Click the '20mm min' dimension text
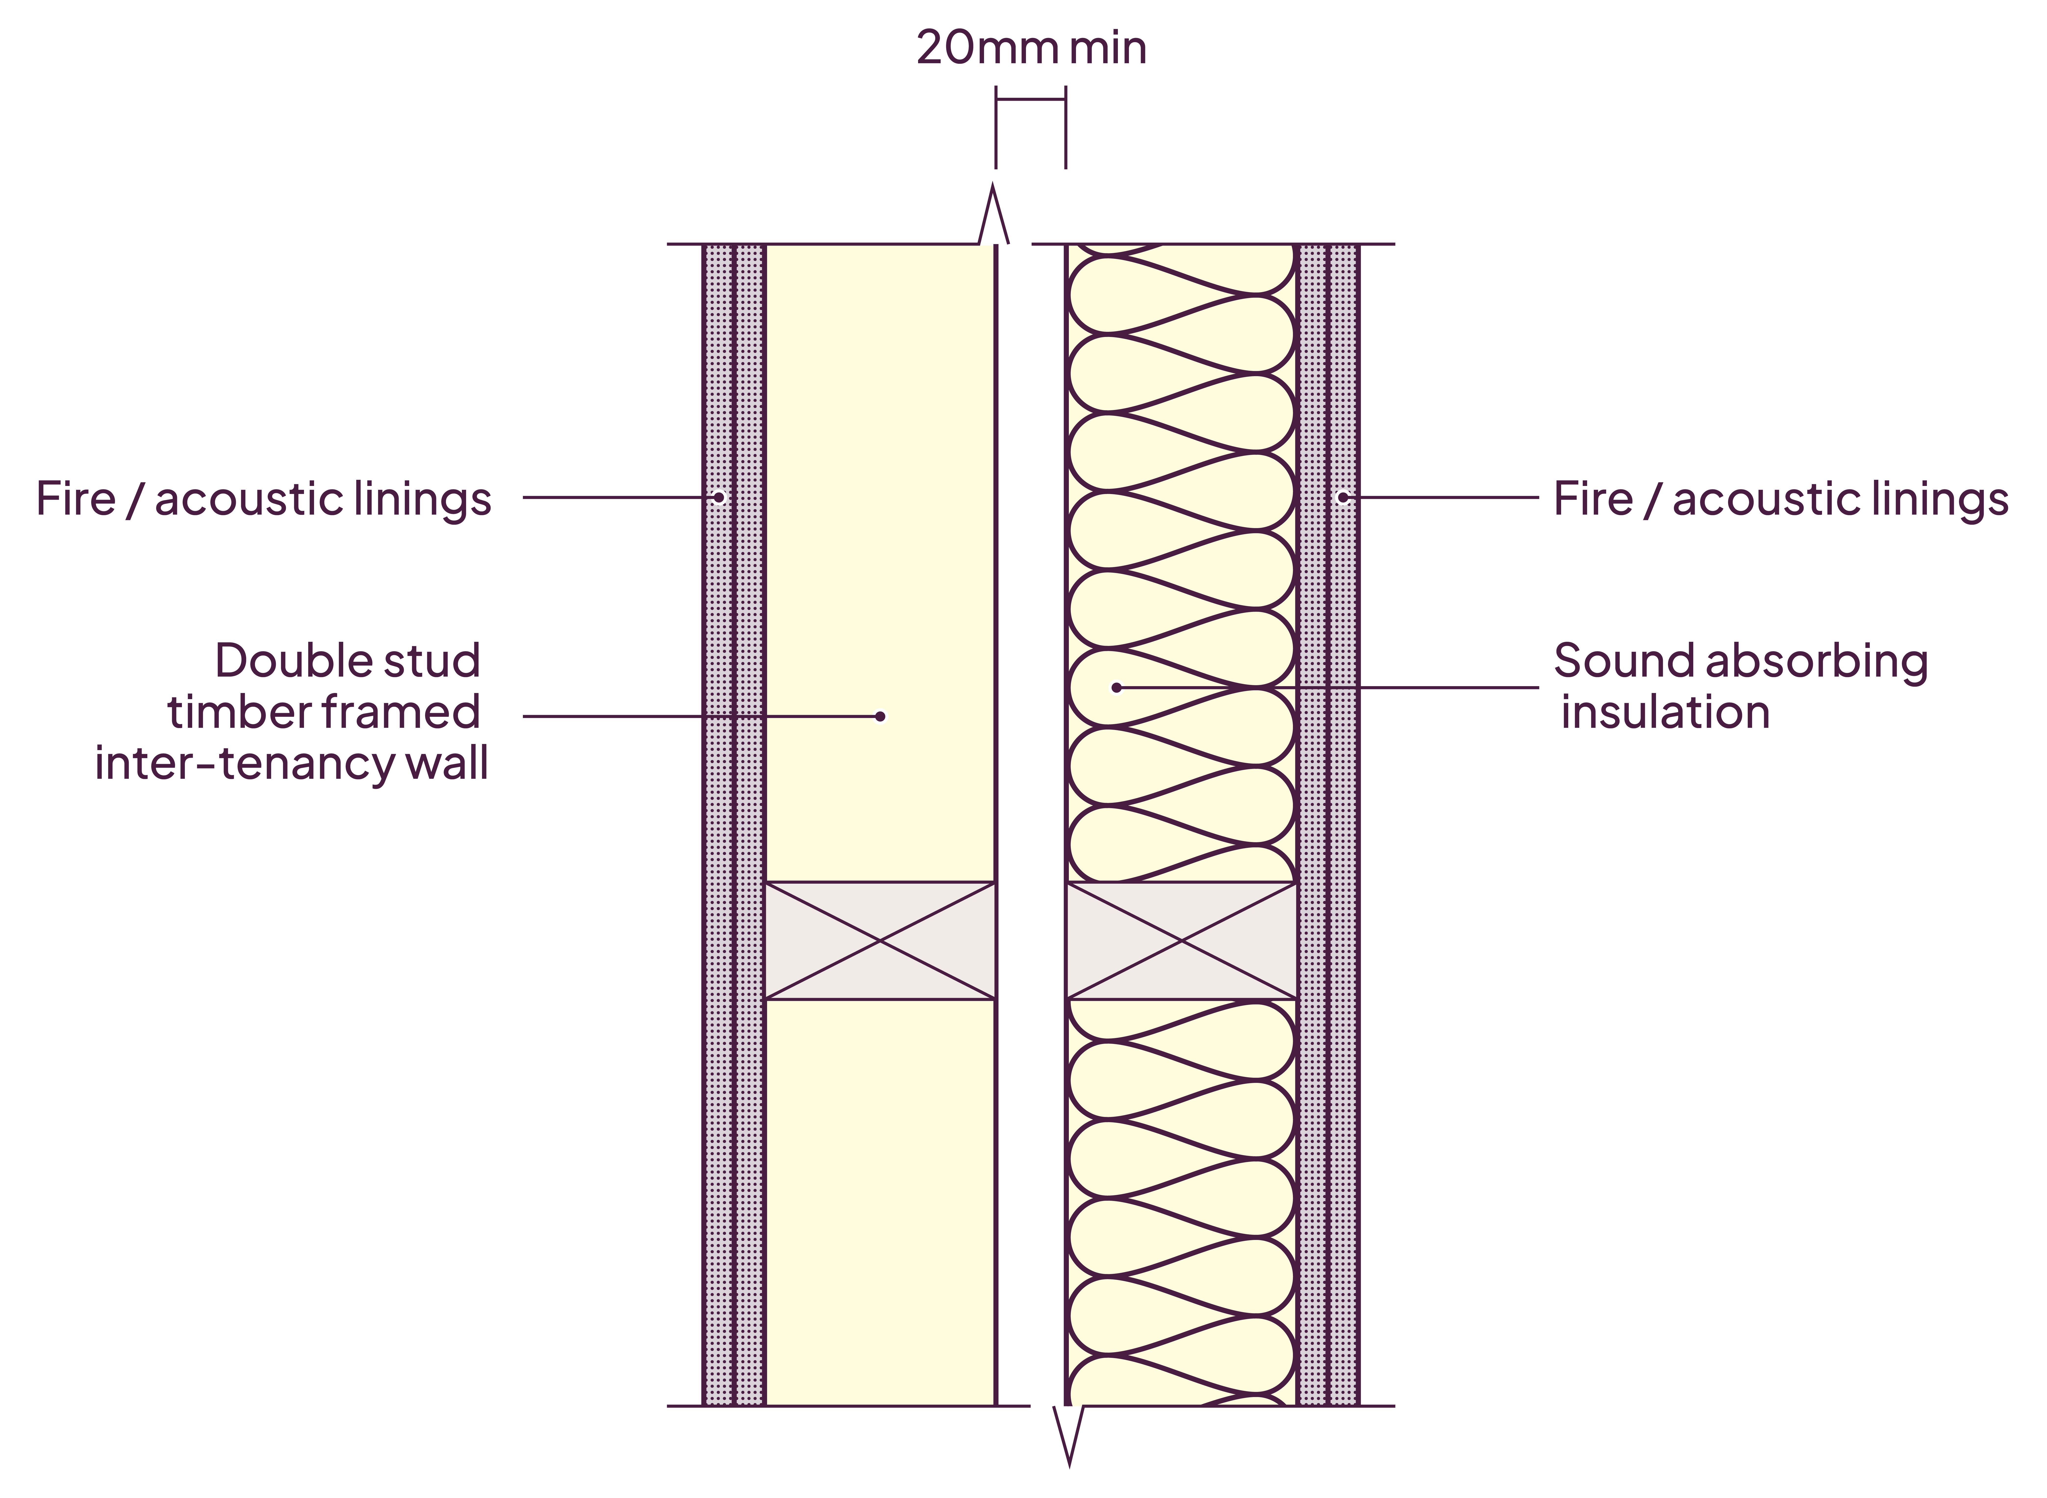click(1031, 48)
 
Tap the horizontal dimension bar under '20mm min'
click(1030, 100)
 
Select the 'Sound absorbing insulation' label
click(1740, 686)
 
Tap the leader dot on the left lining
click(718, 497)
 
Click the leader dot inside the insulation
click(1116, 687)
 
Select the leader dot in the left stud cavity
click(880, 716)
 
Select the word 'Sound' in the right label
click(1623, 661)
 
